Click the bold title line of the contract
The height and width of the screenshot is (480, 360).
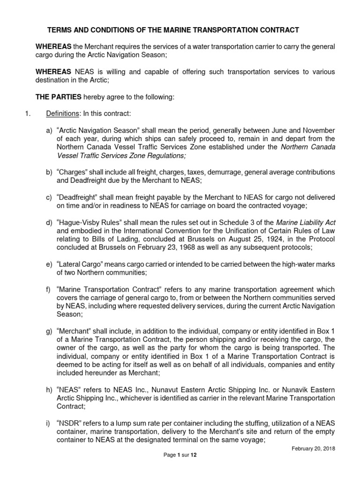[x=173, y=30]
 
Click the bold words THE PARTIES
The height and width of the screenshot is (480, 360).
[x=53, y=97]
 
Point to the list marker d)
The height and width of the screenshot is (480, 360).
[x=49, y=222]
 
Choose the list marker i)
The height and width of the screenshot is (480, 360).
[x=49, y=423]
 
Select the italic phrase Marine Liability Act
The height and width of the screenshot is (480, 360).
[x=306, y=222]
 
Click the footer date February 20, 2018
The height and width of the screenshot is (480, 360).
[x=313, y=449]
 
